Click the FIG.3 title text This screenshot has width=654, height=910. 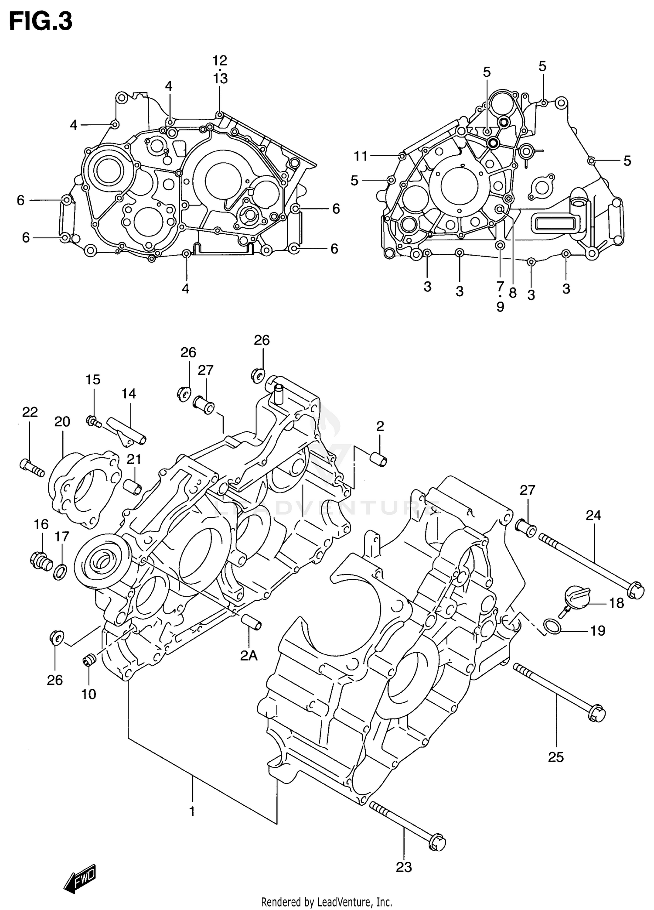pyautogui.click(x=41, y=21)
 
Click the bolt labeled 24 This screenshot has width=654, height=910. pyautogui.click(x=589, y=563)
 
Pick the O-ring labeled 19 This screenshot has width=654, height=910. pyautogui.click(x=552, y=626)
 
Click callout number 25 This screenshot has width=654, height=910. pyautogui.click(x=556, y=757)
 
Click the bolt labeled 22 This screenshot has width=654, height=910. pyautogui.click(x=32, y=468)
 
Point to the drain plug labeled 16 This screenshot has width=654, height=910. pyautogui.click(x=41, y=560)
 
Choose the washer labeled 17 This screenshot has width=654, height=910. pyautogui.click(x=60, y=571)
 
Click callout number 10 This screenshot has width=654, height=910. pyautogui.click(x=89, y=694)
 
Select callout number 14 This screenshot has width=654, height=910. pyautogui.click(x=129, y=393)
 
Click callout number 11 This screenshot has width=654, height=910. pyautogui.click(x=361, y=156)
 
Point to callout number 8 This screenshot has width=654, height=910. pyautogui.click(x=513, y=293)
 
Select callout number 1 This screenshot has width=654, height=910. pyautogui.click(x=192, y=811)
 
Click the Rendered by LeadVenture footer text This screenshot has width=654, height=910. pyautogui.click(x=327, y=902)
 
